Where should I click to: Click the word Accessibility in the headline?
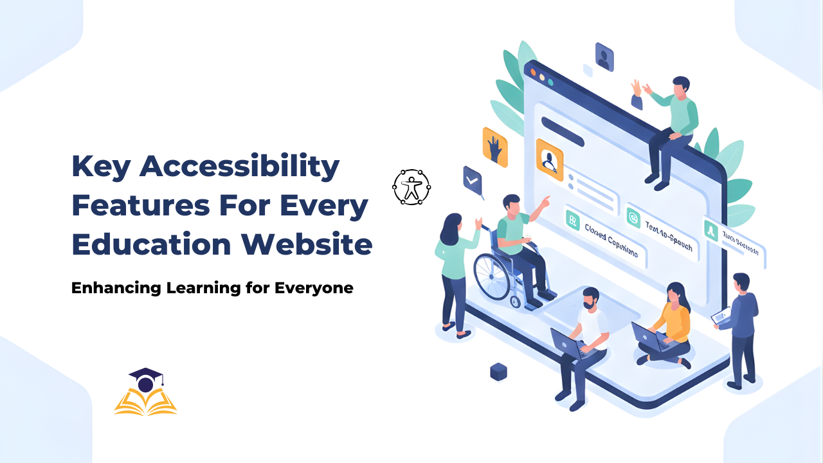(x=239, y=167)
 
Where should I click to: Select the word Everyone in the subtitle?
(x=314, y=288)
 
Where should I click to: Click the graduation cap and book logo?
(x=145, y=392)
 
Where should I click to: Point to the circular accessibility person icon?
(x=411, y=187)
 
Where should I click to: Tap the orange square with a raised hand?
(x=494, y=147)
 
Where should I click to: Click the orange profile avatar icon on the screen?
(x=549, y=159)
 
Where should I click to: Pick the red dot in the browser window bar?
(x=532, y=73)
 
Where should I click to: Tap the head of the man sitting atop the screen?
(x=680, y=85)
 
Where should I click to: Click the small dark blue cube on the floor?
(x=498, y=371)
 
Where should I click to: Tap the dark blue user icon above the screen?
(x=604, y=57)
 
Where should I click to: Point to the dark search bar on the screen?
(x=562, y=131)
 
